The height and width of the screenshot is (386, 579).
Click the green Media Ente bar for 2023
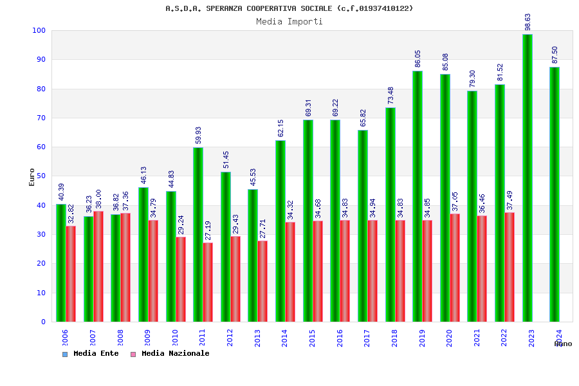(528, 178)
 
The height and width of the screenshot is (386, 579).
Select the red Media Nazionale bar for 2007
(98, 266)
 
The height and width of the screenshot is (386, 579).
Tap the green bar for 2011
(198, 234)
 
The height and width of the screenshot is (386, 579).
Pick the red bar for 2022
(510, 267)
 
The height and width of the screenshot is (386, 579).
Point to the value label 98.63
(528, 22)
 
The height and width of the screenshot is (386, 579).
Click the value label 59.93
(199, 135)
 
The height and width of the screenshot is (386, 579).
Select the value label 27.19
(208, 230)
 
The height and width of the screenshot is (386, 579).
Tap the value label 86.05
(418, 59)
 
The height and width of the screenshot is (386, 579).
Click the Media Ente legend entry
(91, 354)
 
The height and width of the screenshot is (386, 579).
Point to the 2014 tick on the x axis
(285, 338)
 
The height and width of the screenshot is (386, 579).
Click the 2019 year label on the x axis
(422, 338)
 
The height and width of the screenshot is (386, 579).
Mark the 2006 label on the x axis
(65, 338)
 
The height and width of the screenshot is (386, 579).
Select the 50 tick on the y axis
(41, 176)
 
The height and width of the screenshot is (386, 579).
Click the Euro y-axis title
(32, 177)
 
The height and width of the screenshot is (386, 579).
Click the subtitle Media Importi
(289, 21)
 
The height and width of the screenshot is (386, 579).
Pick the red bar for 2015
(318, 271)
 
